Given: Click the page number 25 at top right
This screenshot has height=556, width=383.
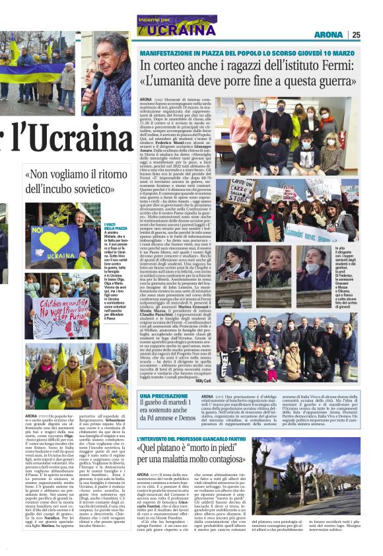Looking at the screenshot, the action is tap(356, 34).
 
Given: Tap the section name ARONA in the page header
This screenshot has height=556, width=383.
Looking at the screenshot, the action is tap(328, 34).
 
